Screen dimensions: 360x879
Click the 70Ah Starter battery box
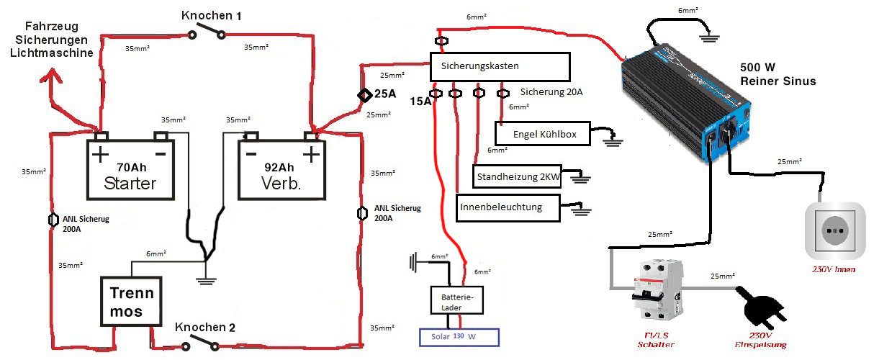[132, 169]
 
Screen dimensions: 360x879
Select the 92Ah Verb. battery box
[282, 169]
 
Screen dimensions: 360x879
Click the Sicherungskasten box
[500, 66]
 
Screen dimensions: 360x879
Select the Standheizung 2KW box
[517, 176]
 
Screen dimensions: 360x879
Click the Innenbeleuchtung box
[510, 207]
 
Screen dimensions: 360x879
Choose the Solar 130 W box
[459, 336]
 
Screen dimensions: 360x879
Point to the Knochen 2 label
[205, 327]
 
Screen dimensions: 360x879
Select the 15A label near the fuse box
[420, 102]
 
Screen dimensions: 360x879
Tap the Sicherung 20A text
[551, 92]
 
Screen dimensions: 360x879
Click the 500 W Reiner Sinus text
[777, 74]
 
